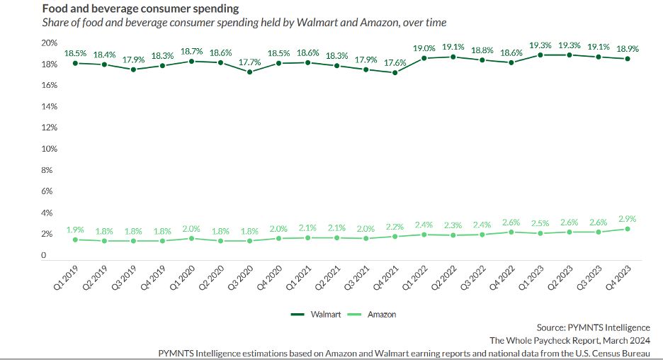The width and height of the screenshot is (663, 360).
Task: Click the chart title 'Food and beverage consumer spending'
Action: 140,9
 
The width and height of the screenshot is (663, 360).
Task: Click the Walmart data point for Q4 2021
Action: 395,72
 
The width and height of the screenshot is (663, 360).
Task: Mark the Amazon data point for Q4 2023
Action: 628,229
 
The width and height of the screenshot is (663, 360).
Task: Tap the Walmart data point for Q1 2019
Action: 75,63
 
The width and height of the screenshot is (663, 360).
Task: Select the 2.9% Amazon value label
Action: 628,219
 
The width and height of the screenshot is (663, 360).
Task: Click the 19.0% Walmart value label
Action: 424,48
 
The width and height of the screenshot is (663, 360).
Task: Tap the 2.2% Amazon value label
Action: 395,227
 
